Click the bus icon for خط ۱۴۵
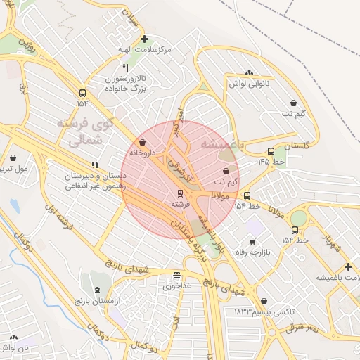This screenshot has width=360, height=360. pyautogui.click(x=271, y=151)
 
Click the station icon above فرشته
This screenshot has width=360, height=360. pyautogui.click(x=180, y=193)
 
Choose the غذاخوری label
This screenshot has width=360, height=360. pyautogui.click(x=176, y=287)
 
